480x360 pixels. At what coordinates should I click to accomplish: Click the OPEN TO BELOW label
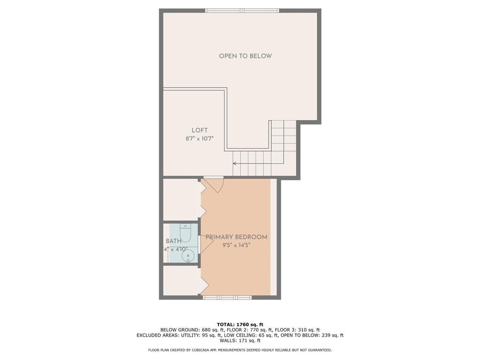point(245,56)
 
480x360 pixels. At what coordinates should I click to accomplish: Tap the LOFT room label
point(199,130)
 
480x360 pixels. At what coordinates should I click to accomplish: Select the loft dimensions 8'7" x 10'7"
point(199,138)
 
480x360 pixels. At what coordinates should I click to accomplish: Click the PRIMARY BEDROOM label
point(236,237)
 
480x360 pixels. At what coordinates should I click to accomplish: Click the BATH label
point(173,241)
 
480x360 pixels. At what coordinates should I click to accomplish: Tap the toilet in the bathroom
point(185,232)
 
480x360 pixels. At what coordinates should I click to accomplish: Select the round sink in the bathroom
point(188,255)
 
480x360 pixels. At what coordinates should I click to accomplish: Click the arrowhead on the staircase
point(235,164)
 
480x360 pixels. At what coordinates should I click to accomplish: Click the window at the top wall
point(242,10)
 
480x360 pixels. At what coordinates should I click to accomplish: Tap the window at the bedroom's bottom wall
point(227,297)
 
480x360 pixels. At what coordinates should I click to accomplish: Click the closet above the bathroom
point(180,199)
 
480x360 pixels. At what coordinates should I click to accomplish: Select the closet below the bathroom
point(180,280)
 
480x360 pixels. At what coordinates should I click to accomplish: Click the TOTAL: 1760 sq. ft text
point(240,324)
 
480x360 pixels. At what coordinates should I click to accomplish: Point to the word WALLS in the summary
point(226,341)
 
